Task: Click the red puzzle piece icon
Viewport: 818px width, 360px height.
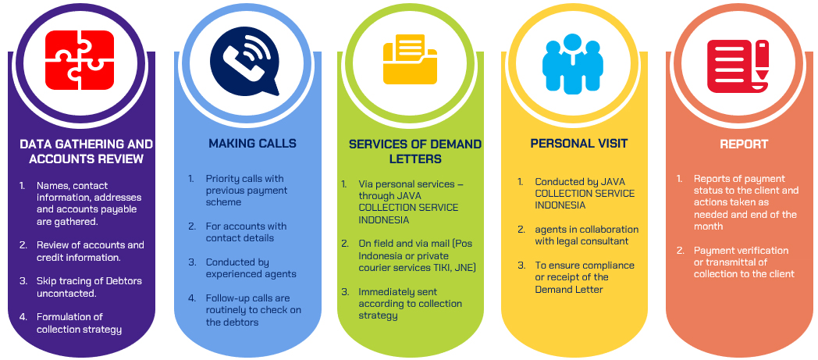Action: pyautogui.click(x=80, y=60)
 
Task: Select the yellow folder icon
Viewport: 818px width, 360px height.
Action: pyautogui.click(x=410, y=62)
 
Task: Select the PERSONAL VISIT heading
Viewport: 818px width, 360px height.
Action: pyautogui.click(x=578, y=144)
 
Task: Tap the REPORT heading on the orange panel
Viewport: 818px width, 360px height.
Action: pyautogui.click(x=744, y=144)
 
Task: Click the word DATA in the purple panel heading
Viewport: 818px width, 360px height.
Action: pyautogui.click(x=35, y=144)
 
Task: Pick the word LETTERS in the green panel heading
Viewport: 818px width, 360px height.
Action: pyautogui.click(x=416, y=159)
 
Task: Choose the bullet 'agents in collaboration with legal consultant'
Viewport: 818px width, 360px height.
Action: pyautogui.click(x=586, y=235)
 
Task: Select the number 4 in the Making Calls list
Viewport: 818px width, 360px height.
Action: pyautogui.click(x=191, y=298)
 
